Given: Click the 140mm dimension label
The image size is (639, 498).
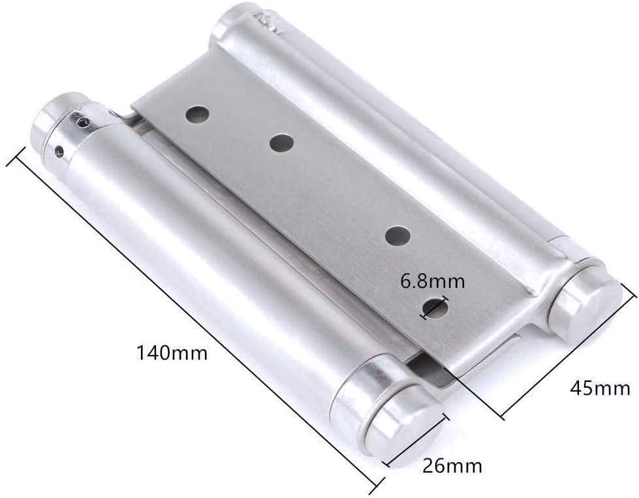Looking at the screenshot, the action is [172, 353].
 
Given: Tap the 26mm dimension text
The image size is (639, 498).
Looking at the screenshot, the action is [452, 465].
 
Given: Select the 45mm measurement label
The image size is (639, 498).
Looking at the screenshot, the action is [600, 388].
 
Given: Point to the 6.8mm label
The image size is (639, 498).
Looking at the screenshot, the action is [432, 281].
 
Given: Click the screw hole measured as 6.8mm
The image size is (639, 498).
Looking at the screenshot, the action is [435, 307].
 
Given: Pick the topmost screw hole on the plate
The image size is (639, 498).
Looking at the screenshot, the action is [198, 114].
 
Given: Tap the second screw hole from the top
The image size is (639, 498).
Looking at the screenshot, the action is [282, 143].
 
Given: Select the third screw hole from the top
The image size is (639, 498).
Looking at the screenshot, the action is [397, 236].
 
